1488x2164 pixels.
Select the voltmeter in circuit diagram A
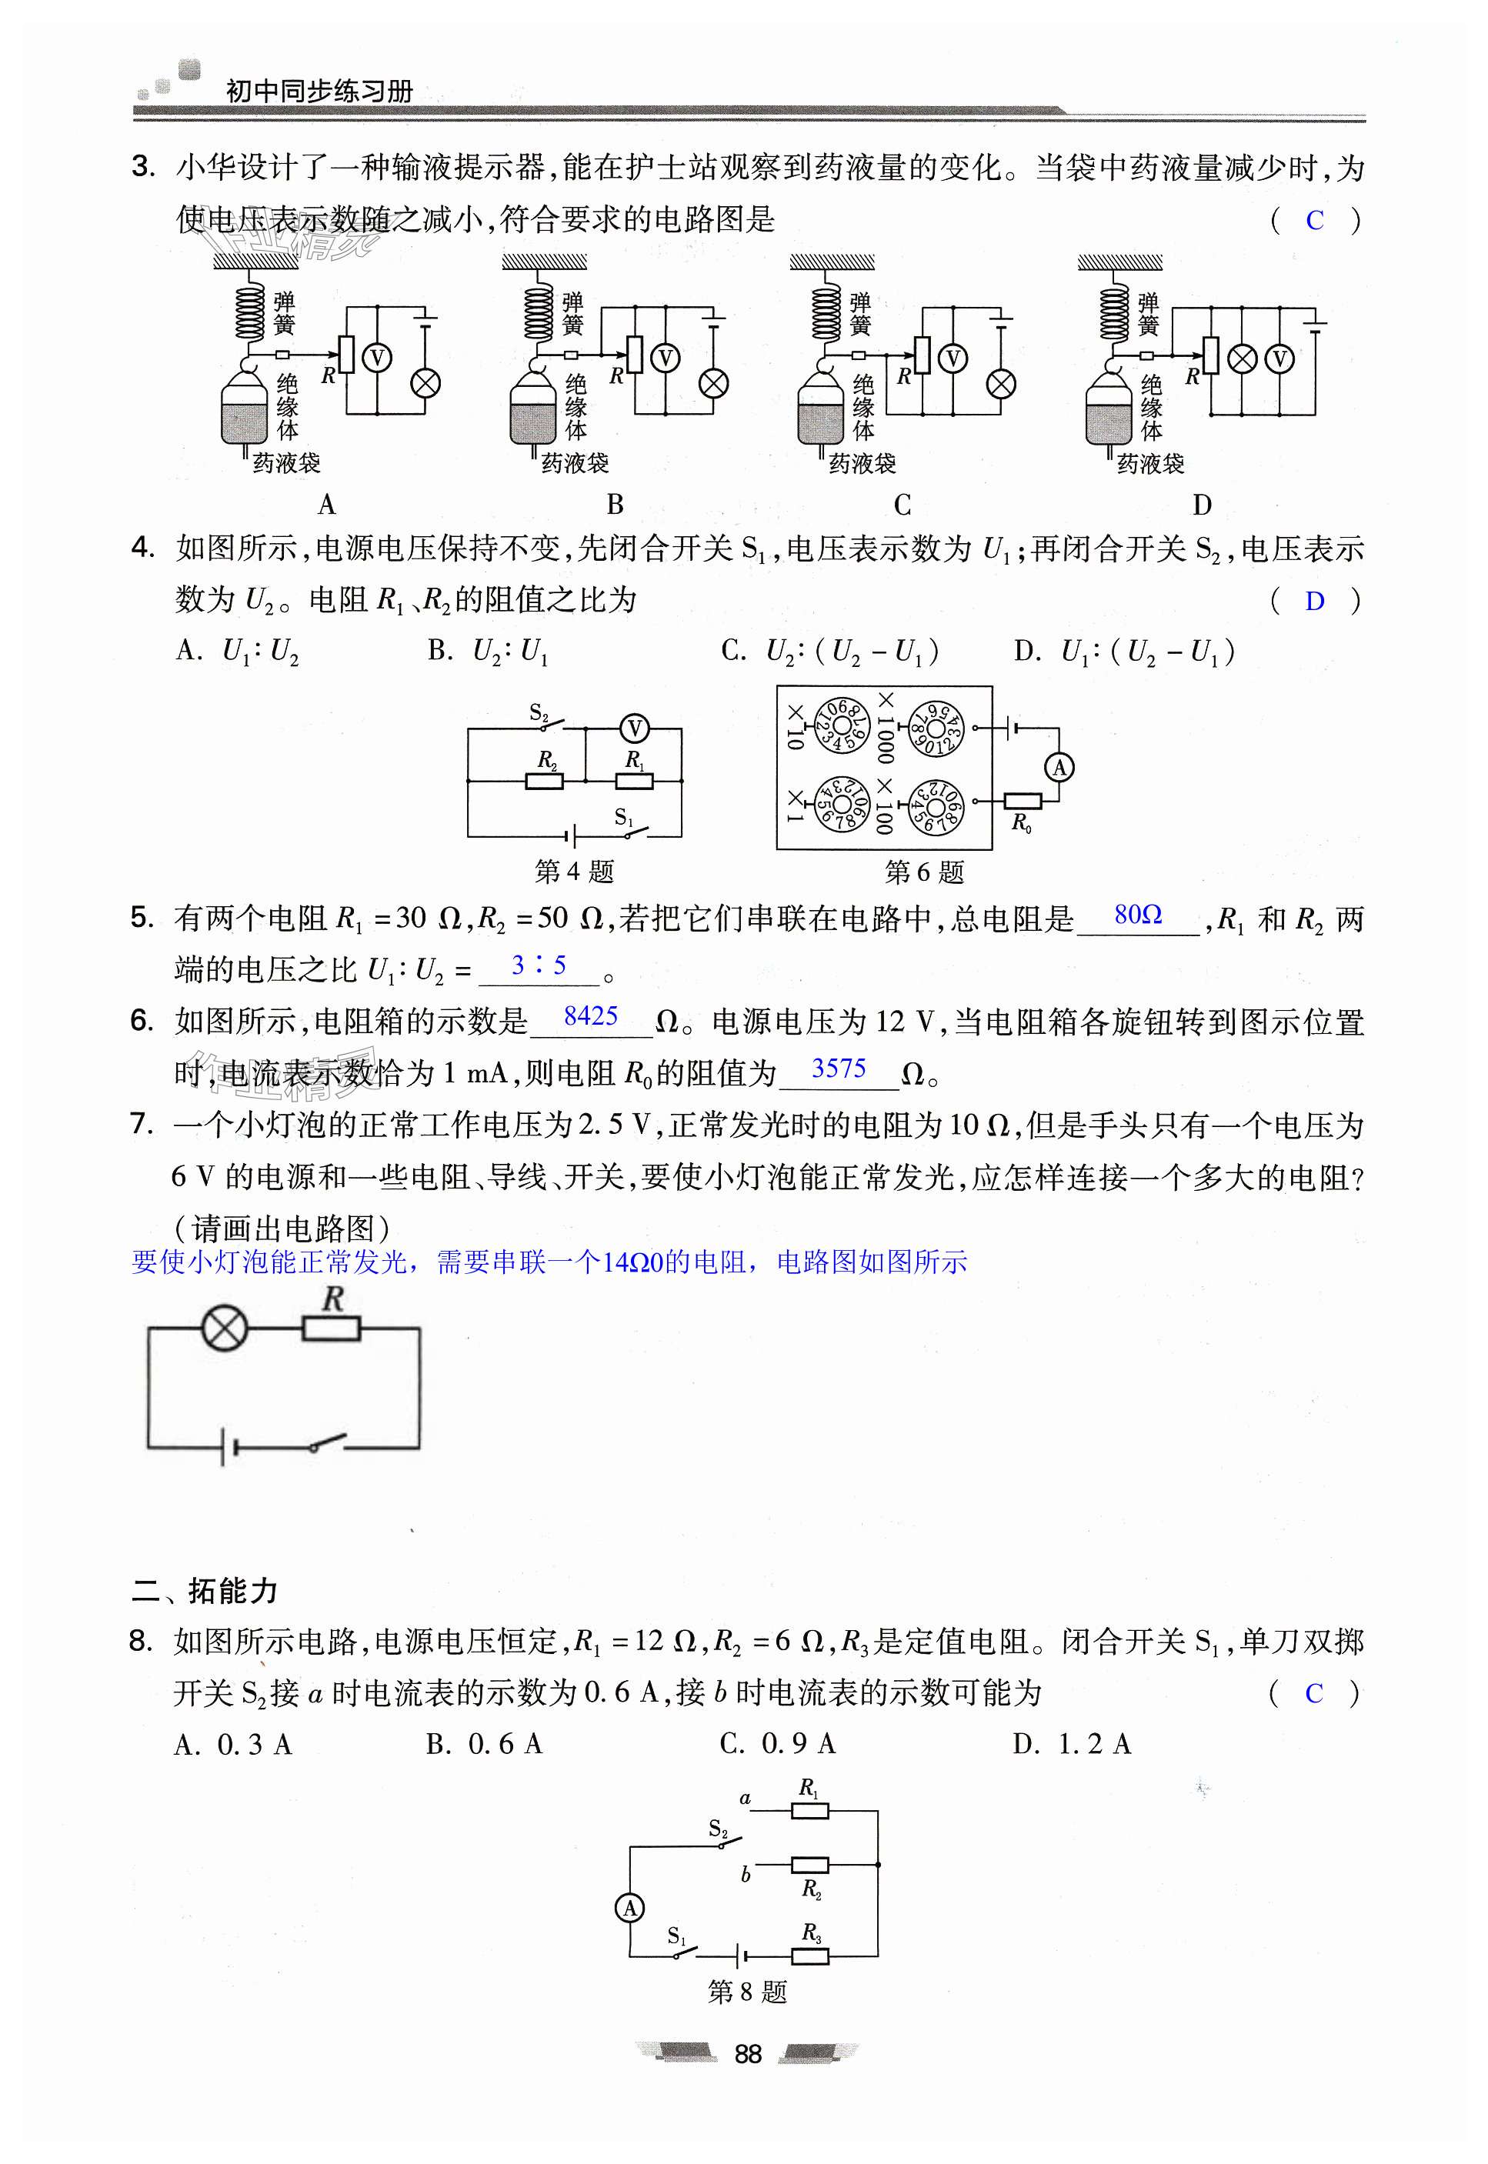[377, 358]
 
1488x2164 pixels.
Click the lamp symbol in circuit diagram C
[1001, 383]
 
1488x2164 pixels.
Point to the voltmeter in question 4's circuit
[634, 728]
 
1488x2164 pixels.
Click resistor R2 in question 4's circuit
[545, 780]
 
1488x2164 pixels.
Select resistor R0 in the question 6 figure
[1022, 802]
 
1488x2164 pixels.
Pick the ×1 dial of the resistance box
[840, 804]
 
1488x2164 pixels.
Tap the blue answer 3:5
[539, 965]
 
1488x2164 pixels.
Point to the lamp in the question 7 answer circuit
[225, 1327]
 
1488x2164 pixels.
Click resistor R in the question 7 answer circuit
[331, 1327]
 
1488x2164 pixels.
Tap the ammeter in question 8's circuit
[630, 1908]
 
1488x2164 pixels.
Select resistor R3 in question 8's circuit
[810, 1956]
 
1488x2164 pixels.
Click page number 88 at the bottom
[748, 2054]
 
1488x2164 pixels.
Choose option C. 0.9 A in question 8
[778, 1744]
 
